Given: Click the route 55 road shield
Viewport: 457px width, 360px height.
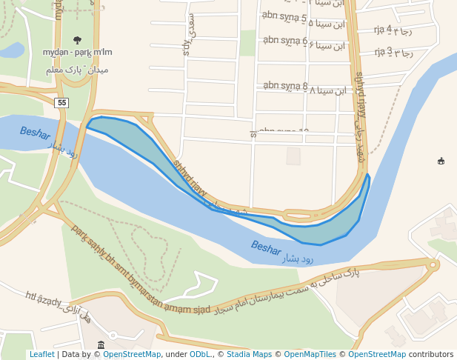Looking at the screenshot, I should point(61,103).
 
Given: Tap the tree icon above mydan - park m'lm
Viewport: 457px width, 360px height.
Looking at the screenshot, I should point(77,40).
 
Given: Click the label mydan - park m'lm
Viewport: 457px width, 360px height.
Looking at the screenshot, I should point(77,52).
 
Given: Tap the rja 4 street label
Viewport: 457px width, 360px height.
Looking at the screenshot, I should point(393,30).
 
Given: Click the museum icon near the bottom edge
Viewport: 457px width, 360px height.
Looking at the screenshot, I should point(101,345).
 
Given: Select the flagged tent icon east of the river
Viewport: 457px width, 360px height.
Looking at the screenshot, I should point(441,161).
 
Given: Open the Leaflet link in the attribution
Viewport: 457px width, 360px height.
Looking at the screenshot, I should point(41,355).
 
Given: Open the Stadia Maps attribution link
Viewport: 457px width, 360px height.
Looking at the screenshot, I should point(252,355).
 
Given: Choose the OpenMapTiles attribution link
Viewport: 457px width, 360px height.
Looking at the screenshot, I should point(311,355).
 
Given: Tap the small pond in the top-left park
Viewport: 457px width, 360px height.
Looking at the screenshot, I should point(11,50).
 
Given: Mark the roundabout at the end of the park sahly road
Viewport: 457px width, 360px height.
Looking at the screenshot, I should point(433,264).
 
